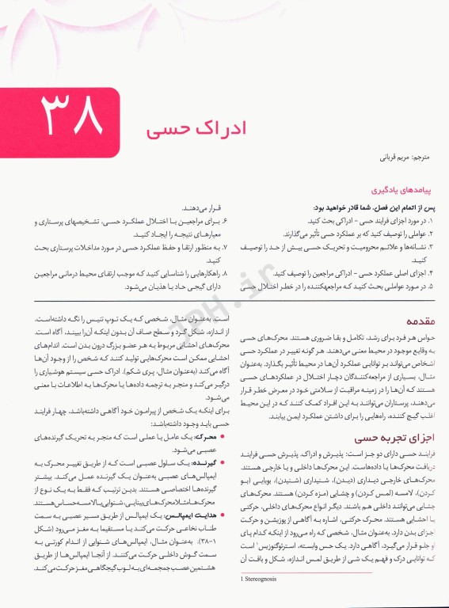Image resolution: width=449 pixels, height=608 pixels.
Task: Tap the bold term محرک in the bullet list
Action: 204,435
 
